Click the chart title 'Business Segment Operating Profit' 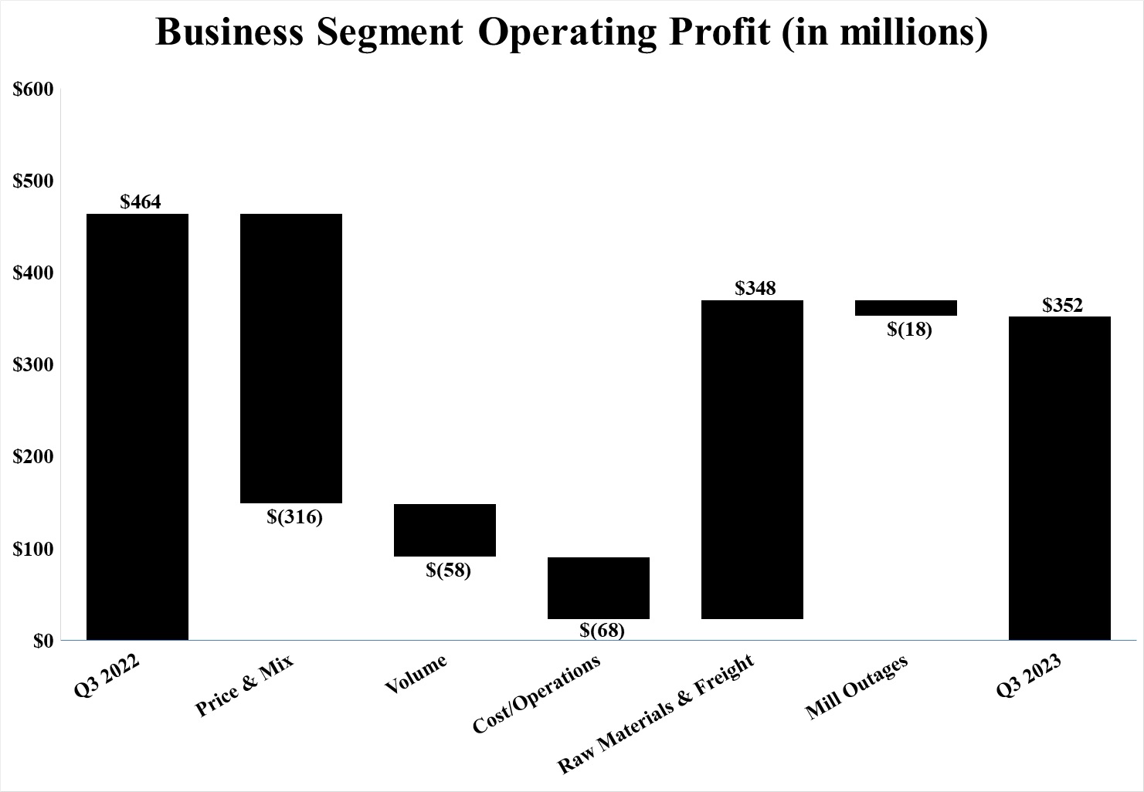point(572,32)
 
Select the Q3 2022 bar point(137,426)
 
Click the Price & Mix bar point(291,358)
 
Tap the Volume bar point(445,530)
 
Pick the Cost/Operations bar point(599,587)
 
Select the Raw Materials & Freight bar point(752,459)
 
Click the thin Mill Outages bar point(906,307)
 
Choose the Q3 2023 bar point(1060,478)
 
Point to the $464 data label point(141,202)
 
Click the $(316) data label point(294,516)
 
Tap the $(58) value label point(448,570)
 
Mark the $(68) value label point(602,630)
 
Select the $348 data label point(755,289)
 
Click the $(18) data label point(909,330)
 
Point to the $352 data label point(1062,305)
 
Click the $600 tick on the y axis point(33,90)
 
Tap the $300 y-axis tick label point(33,365)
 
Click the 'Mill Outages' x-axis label point(857,687)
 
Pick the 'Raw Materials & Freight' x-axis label point(655,714)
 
